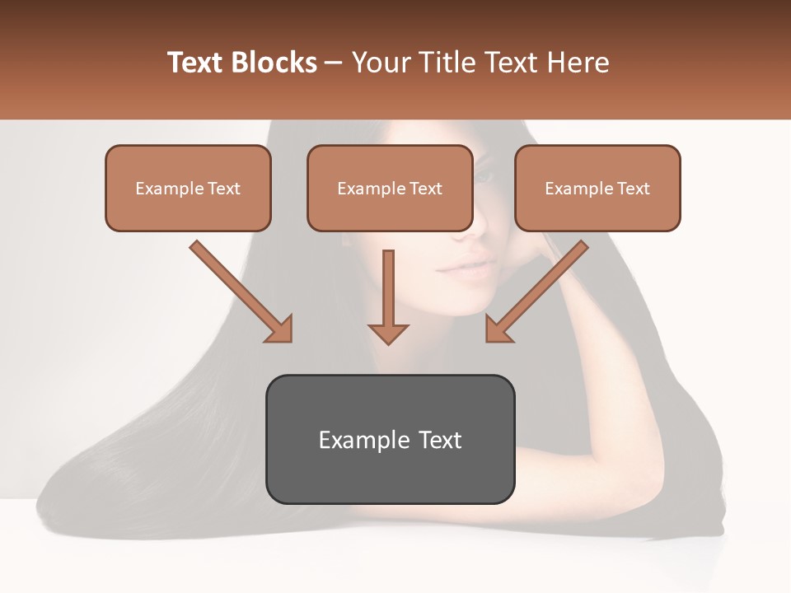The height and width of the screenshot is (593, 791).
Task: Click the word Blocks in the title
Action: point(276,63)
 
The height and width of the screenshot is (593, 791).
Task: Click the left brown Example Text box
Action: point(188,188)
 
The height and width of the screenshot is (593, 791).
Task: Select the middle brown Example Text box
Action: point(390,188)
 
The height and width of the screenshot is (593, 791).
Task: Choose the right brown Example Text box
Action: point(597,188)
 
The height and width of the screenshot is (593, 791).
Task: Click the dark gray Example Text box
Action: point(390,439)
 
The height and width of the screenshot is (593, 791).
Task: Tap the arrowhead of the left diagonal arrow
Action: point(281,330)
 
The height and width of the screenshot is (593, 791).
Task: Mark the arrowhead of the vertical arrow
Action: point(388,334)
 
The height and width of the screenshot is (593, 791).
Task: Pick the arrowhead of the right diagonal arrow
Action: point(497,330)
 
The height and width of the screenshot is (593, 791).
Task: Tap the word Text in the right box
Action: point(633,189)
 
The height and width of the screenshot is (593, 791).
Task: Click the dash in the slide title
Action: point(334,63)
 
